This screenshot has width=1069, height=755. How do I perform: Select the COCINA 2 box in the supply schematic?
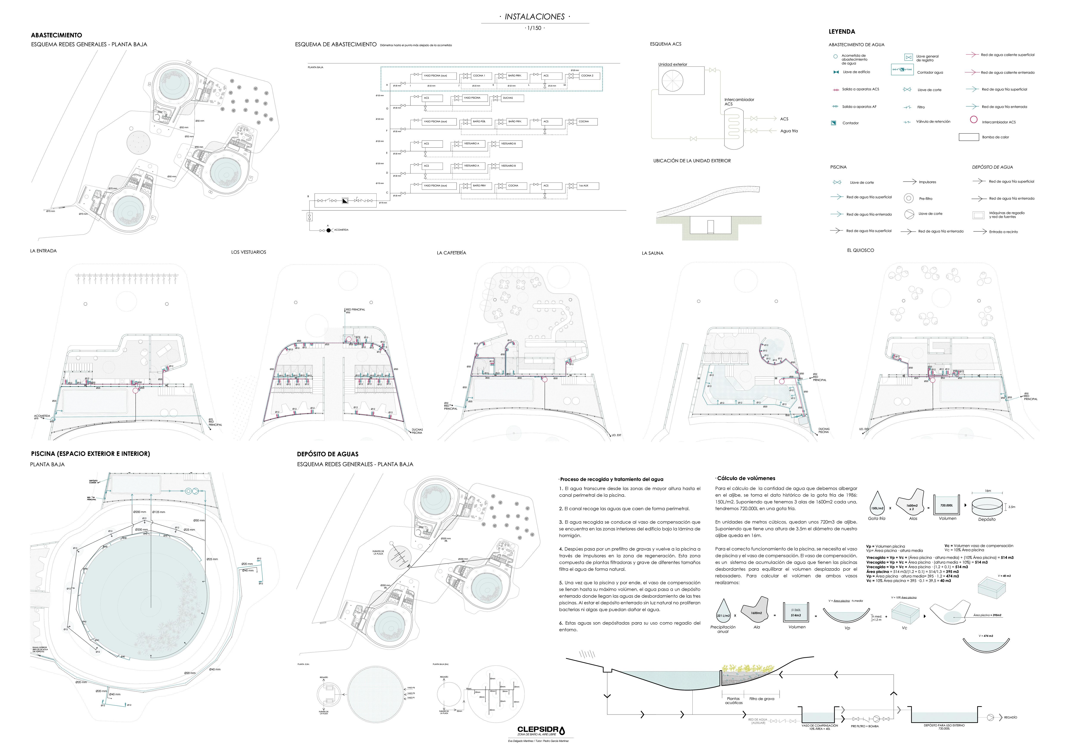pos(588,75)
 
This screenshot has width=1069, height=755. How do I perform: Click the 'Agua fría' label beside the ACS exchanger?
pos(789,131)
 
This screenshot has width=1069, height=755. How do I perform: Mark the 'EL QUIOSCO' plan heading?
pos(860,251)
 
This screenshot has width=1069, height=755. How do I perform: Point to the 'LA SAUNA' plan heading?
pos(652,253)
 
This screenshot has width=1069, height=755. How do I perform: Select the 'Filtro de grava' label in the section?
pos(762,699)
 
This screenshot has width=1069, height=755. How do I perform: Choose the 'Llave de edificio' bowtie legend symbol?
pos(836,72)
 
